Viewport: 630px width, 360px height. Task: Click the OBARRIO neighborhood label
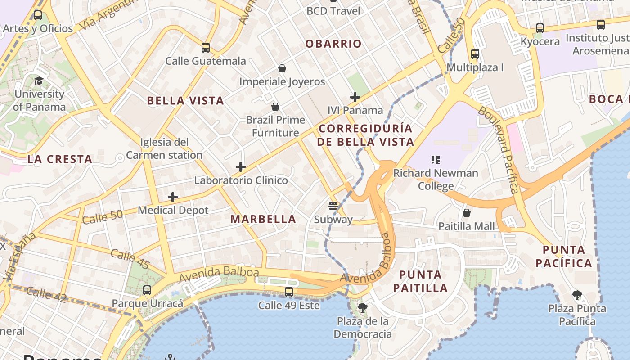pos(333,44)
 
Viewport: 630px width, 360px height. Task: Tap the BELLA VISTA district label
pos(185,100)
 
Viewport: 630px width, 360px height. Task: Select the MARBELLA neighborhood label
pos(263,219)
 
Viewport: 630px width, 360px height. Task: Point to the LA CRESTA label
pos(60,159)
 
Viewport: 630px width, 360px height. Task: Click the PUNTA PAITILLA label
pos(420,281)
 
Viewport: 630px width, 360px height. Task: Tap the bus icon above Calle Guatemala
pos(206,47)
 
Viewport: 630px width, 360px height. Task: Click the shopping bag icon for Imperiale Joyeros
pos(282,68)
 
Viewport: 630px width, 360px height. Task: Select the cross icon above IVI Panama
pos(355,97)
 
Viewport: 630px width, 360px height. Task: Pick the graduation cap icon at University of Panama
pos(39,81)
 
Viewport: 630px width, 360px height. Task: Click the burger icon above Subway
pos(333,206)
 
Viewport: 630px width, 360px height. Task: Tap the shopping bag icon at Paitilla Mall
pos(467,212)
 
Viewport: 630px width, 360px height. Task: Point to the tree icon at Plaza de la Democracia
pos(362,308)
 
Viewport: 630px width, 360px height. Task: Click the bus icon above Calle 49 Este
pos(289,292)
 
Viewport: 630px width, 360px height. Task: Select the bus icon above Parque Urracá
pos(147,290)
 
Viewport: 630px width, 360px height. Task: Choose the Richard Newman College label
pos(436,179)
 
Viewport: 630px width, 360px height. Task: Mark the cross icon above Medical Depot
pos(173,197)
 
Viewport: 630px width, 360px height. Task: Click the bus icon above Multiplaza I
pos(475,54)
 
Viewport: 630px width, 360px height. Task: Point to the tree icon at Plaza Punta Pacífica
pos(577,295)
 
